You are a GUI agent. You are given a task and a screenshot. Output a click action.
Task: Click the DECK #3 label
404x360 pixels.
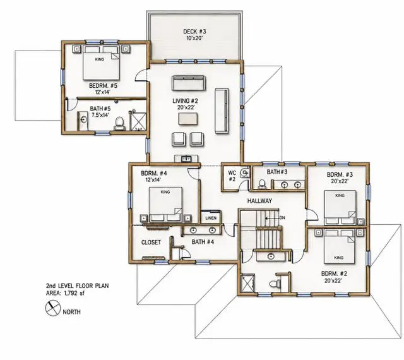(194, 32)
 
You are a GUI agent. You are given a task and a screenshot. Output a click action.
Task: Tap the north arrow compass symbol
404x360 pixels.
(52, 308)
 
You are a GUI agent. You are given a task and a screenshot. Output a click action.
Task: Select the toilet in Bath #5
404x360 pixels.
(119, 124)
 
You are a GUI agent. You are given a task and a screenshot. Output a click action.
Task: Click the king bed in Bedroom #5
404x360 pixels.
(101, 63)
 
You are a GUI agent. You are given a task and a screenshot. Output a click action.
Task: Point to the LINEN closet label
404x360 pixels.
(211, 218)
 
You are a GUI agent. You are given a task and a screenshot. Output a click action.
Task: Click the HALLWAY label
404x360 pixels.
(259, 201)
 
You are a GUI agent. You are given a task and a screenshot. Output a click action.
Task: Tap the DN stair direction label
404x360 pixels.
(282, 218)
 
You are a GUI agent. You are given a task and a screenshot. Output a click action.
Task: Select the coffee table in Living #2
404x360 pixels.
(188, 119)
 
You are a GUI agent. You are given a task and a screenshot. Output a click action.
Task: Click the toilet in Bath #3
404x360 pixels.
(262, 184)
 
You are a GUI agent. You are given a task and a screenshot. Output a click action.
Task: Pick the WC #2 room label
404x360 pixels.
(232, 176)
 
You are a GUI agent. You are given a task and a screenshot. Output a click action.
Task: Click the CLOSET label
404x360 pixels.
(151, 243)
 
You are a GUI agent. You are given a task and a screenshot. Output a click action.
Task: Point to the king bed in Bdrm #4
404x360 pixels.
(165, 204)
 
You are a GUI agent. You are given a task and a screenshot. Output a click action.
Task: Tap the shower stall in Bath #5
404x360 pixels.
(139, 121)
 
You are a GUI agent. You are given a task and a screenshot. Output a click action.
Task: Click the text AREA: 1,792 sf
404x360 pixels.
(65, 293)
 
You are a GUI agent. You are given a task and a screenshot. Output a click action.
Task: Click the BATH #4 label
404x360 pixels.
(203, 242)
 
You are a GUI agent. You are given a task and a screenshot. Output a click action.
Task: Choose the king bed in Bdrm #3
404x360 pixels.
(340, 207)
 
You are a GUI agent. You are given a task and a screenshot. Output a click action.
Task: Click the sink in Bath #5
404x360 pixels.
(83, 120)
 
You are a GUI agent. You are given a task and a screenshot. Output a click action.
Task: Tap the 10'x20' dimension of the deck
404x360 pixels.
(194, 38)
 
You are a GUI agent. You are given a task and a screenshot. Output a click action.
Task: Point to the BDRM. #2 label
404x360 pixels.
(334, 273)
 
